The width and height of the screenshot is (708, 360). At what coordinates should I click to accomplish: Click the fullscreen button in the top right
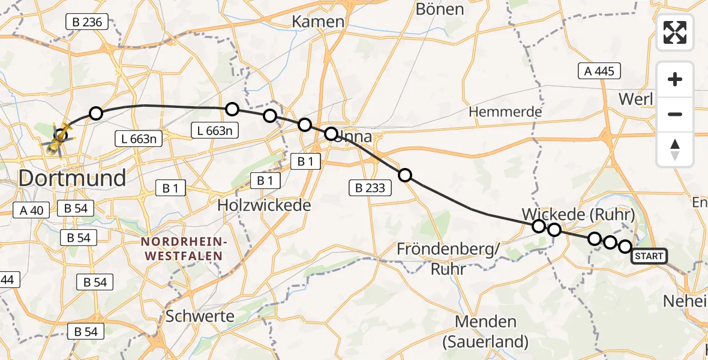(675, 32)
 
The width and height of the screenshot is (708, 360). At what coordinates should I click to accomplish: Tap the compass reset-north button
(675, 149)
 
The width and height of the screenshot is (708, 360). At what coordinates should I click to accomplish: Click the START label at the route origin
(649, 257)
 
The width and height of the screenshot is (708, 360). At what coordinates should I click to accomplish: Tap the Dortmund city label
(72, 178)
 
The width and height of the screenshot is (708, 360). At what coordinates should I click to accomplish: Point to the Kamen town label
(318, 22)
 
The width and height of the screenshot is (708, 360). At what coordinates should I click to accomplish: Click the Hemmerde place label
(505, 112)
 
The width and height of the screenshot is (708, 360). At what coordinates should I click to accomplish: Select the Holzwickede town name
(264, 205)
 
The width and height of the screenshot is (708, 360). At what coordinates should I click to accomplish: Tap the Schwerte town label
(200, 316)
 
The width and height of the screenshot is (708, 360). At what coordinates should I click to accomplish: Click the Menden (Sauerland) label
(485, 332)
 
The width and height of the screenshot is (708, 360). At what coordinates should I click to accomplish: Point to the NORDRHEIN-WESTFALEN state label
(183, 248)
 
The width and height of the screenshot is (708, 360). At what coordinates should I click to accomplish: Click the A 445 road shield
(599, 71)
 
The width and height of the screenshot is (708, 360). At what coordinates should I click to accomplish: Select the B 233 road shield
(370, 188)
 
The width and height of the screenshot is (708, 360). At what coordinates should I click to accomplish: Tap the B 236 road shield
(86, 23)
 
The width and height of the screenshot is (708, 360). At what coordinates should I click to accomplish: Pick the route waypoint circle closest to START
(625, 247)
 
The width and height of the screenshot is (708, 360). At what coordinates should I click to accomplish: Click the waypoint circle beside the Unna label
(331, 133)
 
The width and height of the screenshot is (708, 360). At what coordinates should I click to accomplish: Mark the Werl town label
(635, 98)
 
